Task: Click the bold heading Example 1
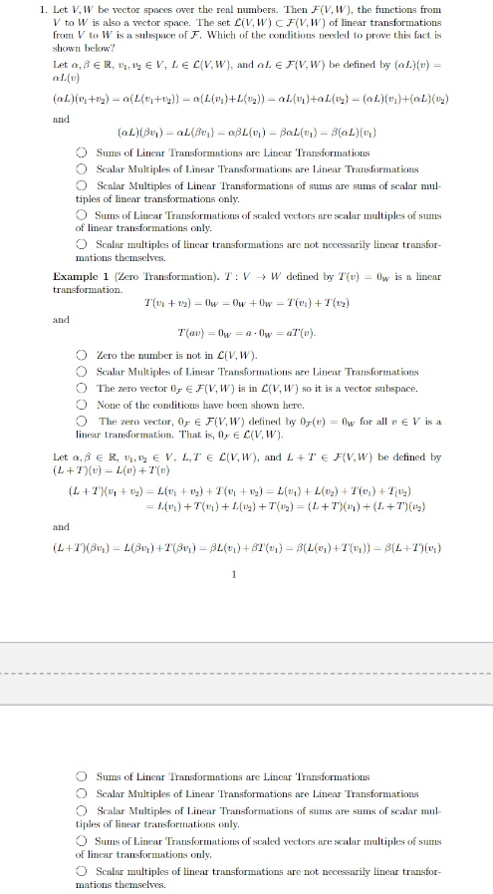pyautogui.click(x=81, y=276)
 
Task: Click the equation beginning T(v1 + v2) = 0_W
pyautogui.click(x=246, y=303)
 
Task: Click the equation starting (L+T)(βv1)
pyautogui.click(x=246, y=547)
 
